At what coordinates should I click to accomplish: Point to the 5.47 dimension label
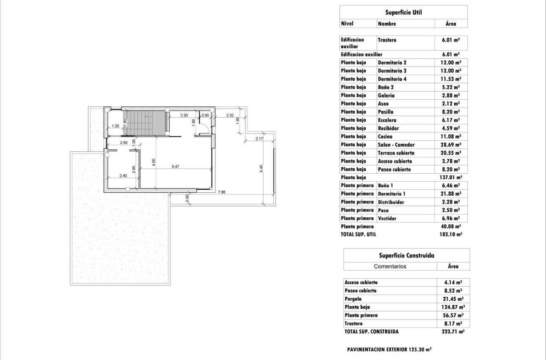(x=175, y=166)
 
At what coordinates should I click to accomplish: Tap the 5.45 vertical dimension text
(x=262, y=168)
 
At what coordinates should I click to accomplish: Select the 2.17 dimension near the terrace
(x=259, y=138)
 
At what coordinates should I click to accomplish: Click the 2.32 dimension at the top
(x=230, y=115)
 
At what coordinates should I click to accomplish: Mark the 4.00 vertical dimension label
(x=154, y=162)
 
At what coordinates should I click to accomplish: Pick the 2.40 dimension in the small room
(x=123, y=175)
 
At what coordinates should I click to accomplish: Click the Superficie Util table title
(x=403, y=12)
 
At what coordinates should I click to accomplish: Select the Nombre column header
(x=387, y=24)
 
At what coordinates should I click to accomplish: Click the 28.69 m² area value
(x=450, y=145)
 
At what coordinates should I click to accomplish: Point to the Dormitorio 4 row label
(x=392, y=79)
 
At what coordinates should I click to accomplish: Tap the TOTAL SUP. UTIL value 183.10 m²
(x=450, y=234)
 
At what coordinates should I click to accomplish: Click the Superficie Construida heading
(x=406, y=255)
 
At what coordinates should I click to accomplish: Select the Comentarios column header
(x=390, y=266)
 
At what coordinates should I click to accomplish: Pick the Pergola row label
(x=353, y=299)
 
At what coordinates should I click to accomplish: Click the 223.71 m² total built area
(x=453, y=332)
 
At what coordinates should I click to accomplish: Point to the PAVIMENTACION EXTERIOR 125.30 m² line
(x=389, y=350)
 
